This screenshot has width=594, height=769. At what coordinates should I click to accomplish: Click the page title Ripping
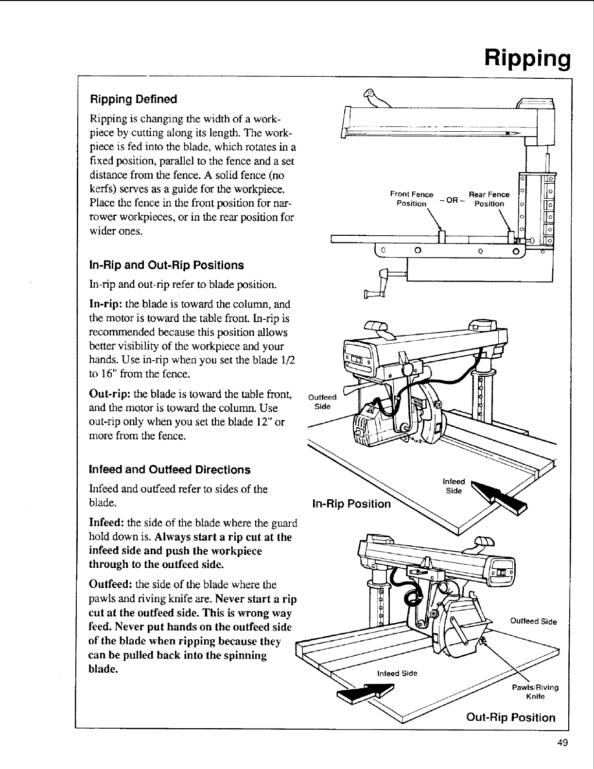click(526, 59)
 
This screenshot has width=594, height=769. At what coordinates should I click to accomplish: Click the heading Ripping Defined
click(133, 100)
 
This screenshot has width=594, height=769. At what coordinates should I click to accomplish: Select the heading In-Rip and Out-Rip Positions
click(166, 265)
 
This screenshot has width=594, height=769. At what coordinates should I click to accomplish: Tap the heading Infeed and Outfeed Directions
click(170, 470)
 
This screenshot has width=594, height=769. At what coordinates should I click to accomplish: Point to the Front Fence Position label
click(411, 199)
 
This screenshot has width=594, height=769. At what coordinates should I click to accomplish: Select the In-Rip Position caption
click(351, 504)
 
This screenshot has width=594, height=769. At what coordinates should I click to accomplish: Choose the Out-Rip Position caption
click(510, 717)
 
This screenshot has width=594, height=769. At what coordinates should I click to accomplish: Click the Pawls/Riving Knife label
click(536, 692)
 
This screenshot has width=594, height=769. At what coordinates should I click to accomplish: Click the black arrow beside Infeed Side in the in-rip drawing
click(501, 496)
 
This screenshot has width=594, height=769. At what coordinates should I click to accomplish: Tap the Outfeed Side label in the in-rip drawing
click(322, 402)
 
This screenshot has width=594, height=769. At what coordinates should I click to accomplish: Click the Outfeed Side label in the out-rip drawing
click(533, 621)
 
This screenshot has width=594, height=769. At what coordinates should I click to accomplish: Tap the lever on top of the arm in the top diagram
click(378, 97)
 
